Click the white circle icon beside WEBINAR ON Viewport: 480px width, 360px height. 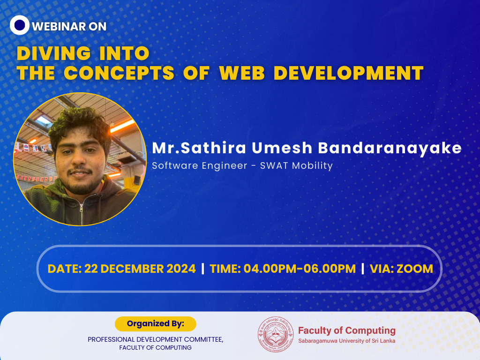(x=20, y=25)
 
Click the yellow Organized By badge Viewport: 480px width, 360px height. (x=155, y=323)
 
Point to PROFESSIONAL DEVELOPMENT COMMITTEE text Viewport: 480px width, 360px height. (x=155, y=339)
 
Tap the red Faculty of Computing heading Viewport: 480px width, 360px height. (x=346, y=330)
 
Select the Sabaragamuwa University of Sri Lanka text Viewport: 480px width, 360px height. (x=346, y=341)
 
